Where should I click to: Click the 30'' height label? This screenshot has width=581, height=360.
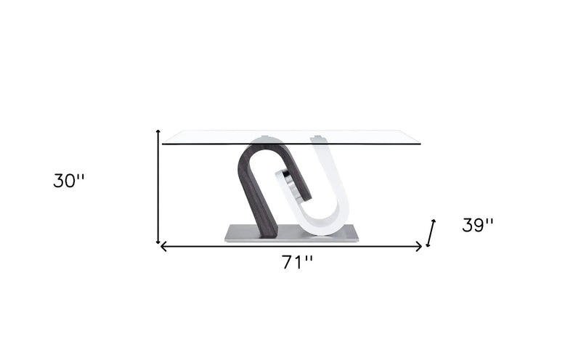[x=69, y=181]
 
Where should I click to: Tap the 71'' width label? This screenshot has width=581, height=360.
[x=298, y=262]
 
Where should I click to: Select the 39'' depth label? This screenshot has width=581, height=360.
[x=478, y=225]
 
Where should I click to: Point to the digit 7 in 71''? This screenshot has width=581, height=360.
[x=288, y=262]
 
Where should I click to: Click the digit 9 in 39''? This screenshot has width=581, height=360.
[x=480, y=225]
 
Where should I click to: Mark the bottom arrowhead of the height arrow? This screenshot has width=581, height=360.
[x=158, y=242]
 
